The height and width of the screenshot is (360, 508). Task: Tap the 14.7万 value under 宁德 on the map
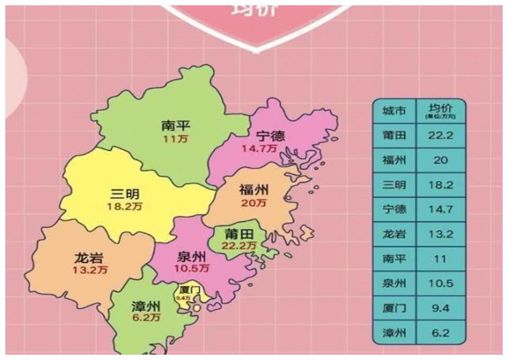(x=259, y=149)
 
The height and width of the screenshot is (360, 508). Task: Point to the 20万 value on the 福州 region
(x=255, y=203)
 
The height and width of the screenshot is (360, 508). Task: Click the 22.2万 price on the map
(x=239, y=246)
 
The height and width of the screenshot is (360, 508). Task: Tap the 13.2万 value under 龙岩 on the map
(x=90, y=270)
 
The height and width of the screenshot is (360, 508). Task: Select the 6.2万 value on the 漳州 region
(x=146, y=318)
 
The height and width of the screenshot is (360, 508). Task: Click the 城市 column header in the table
(x=394, y=111)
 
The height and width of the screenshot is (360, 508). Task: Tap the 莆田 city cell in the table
(x=394, y=136)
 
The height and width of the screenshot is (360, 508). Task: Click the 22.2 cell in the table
(x=441, y=136)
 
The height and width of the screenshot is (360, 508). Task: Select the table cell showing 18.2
(x=441, y=185)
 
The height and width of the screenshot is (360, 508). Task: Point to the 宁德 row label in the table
(x=394, y=210)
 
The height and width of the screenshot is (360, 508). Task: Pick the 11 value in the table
(x=441, y=259)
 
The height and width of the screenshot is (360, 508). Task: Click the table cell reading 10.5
(x=441, y=284)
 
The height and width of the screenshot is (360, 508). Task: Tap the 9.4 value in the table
(x=441, y=308)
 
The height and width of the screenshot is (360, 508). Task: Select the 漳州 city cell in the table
(x=394, y=333)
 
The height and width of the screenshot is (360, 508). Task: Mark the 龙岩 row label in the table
(x=394, y=234)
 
